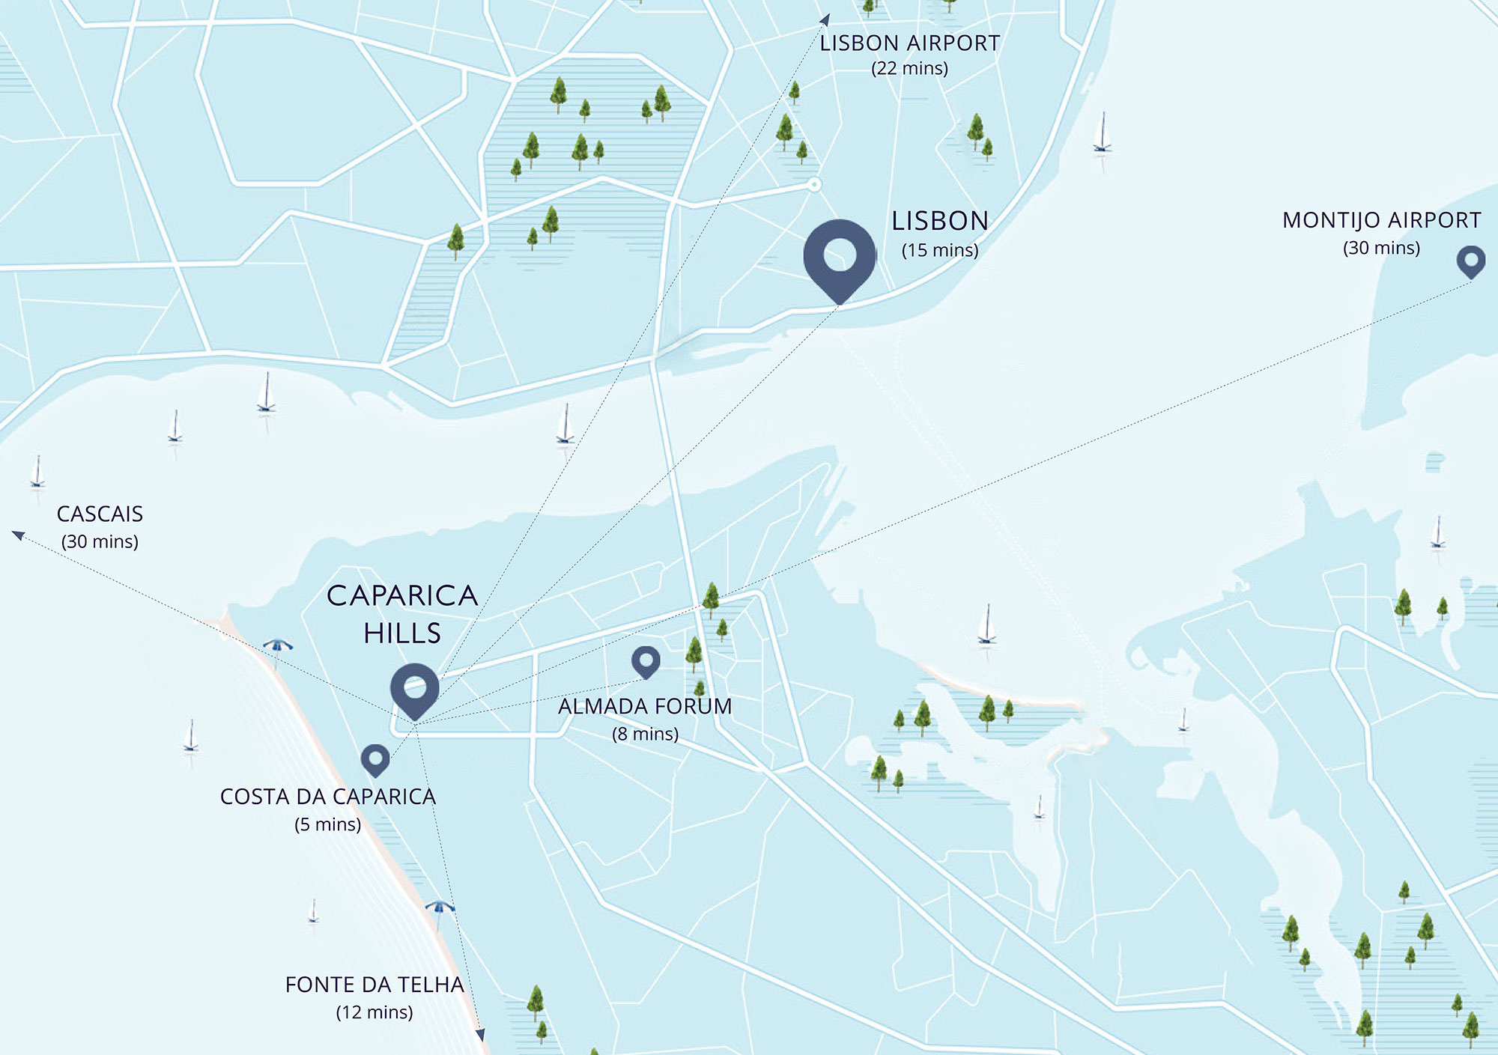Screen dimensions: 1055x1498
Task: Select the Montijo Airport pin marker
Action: [1471, 261]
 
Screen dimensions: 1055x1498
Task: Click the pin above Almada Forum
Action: [646, 660]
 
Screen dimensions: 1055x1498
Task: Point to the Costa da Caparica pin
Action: [375, 758]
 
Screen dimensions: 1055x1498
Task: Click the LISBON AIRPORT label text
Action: [910, 43]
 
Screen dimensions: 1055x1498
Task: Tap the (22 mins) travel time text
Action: [909, 69]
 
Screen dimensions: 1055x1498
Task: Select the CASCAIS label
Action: [100, 514]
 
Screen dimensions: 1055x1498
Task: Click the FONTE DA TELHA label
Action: [374, 985]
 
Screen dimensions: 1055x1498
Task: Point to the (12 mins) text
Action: [374, 1012]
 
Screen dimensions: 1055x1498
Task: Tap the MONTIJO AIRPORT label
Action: [1381, 220]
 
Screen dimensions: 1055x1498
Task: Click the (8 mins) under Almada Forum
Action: [645, 734]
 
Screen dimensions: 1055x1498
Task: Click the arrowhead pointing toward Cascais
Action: [18, 535]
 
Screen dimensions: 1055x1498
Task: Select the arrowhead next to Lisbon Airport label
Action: [825, 19]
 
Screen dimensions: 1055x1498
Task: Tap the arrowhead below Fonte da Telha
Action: [480, 1035]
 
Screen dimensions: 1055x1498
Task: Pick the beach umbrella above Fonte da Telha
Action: [440, 908]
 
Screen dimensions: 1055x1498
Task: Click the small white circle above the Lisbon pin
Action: [814, 184]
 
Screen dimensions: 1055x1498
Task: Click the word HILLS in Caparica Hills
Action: [402, 633]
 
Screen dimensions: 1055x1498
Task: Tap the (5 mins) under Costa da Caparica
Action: [327, 824]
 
